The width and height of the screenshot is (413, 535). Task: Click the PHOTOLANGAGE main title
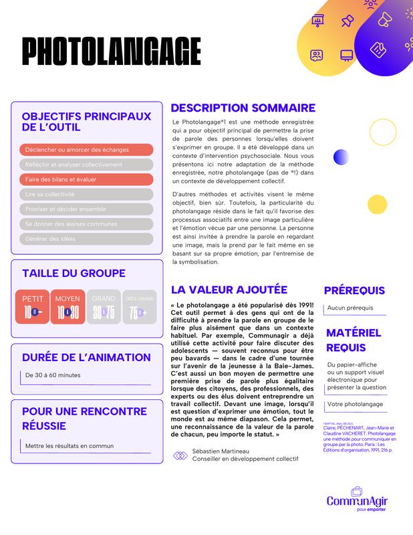(111, 51)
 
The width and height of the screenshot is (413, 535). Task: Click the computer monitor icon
(346, 55)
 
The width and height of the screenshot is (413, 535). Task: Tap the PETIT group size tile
(32, 306)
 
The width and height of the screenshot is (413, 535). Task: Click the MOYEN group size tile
(67, 306)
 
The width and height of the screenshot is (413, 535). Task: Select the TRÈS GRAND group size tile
(140, 306)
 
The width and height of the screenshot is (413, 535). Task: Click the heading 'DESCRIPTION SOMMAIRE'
(243, 108)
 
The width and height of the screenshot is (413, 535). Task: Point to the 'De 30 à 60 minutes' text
(57, 376)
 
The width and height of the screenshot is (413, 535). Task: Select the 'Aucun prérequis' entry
(350, 308)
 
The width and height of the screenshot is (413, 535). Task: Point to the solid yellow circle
(377, 203)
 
